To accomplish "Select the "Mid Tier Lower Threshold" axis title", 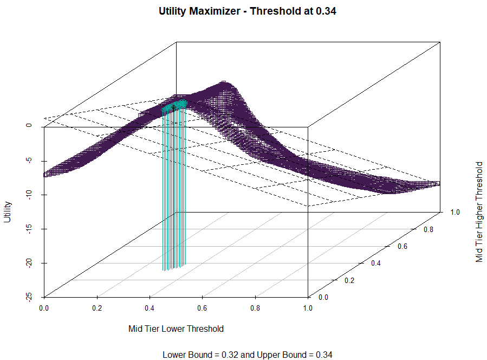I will [x=176, y=329].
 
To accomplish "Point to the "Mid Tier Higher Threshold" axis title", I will [x=479, y=211].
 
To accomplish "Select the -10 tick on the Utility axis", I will [x=28, y=195].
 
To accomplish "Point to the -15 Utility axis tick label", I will [x=28, y=229].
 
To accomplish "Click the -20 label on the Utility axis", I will [x=28, y=263].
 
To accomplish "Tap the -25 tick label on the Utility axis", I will [x=28, y=297].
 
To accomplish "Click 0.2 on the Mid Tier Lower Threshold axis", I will [x=97, y=307].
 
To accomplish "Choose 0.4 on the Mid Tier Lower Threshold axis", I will [x=150, y=307].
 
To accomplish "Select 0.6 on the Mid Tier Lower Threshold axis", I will [x=203, y=307].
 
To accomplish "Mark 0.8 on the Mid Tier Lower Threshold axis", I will [x=255, y=307].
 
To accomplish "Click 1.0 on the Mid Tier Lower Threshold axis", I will [x=308, y=307].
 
